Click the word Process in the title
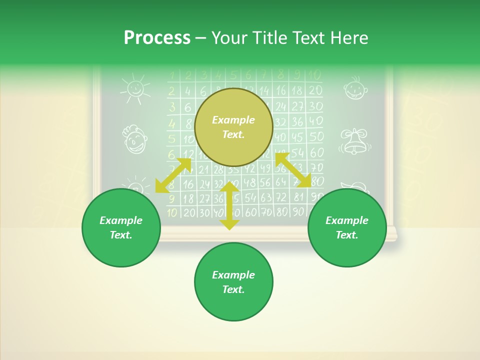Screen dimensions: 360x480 point(157,38)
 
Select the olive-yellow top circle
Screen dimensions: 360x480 point(233,127)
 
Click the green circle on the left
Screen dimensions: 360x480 point(121,227)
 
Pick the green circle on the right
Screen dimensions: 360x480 point(347,227)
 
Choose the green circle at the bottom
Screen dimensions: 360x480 point(233,282)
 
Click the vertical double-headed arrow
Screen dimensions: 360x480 point(229,206)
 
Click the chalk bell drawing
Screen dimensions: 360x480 point(354,141)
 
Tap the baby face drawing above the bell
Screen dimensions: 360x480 point(355,88)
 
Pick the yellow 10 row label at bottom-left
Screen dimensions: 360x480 point(172,212)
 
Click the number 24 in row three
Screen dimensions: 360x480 point(281,106)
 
